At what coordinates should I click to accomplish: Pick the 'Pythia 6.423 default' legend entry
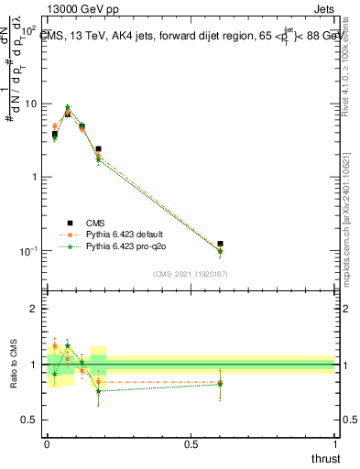click(x=124, y=234)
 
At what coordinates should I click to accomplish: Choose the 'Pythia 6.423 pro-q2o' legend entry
click(x=124, y=246)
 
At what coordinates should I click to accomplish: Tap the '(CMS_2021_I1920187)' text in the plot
click(x=190, y=273)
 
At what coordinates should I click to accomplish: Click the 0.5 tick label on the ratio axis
click(x=32, y=420)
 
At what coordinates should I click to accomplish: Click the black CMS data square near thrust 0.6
click(x=220, y=244)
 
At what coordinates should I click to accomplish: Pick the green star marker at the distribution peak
click(x=68, y=107)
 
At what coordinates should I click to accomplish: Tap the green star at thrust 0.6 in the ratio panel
click(x=220, y=384)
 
